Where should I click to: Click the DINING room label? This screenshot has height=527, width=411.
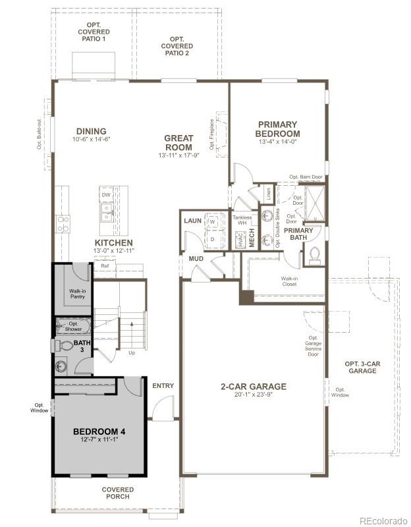[91, 131]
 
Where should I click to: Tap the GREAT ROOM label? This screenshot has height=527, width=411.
[178, 142]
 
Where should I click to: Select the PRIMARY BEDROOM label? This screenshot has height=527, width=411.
[277, 128]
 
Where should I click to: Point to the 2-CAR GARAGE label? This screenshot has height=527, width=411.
[254, 387]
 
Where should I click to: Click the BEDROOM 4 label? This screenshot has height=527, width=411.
[99, 431]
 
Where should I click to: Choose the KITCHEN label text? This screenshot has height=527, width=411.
[113, 243]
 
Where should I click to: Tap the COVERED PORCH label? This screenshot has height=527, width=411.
[118, 493]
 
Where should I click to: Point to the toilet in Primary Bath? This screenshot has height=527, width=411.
[315, 255]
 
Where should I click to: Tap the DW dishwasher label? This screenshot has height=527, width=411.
[105, 195]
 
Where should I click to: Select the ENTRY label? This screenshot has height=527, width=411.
[163, 385]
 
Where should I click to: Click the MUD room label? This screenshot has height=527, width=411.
[196, 259]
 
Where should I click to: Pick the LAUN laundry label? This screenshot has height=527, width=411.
[192, 221]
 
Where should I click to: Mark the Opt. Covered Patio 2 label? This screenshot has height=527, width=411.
[177, 46]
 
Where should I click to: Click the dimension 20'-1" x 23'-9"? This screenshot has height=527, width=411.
[254, 396]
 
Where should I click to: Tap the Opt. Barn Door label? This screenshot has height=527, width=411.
[306, 177]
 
